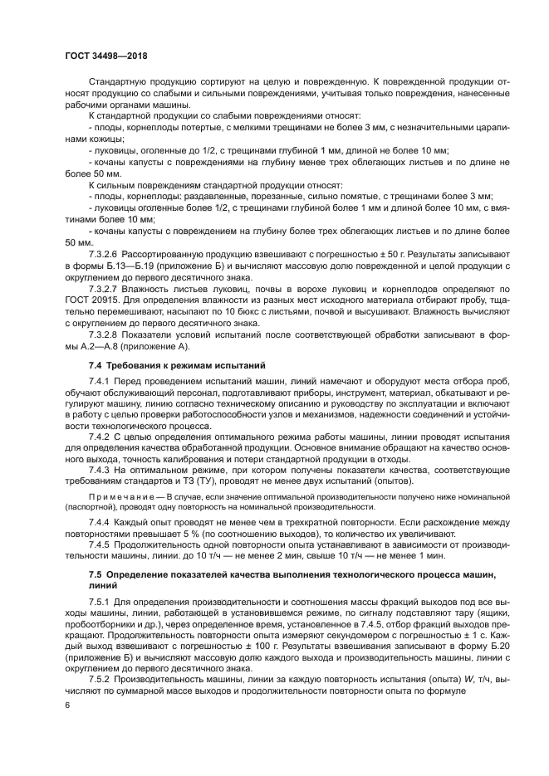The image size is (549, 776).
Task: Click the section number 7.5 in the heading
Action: point(97,574)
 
